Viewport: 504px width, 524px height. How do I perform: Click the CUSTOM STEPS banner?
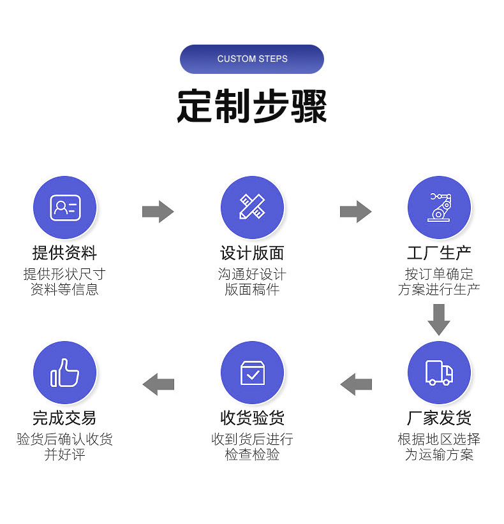click(x=252, y=59)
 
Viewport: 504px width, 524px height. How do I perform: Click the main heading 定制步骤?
click(x=252, y=106)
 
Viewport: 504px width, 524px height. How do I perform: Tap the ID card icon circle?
click(x=64, y=207)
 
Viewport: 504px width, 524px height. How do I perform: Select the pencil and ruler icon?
click(x=252, y=207)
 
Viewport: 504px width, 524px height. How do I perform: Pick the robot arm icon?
click(x=439, y=207)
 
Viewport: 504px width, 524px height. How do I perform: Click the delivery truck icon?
click(x=439, y=372)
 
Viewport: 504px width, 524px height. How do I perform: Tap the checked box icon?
click(x=252, y=372)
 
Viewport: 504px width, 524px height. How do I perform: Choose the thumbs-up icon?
click(x=64, y=372)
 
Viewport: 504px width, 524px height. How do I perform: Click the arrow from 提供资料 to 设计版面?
click(x=158, y=211)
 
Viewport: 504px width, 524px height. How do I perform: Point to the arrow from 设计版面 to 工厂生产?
click(x=355, y=211)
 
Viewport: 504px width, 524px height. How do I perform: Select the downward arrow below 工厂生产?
click(x=439, y=319)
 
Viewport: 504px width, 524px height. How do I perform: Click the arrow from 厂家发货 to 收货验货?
click(x=356, y=384)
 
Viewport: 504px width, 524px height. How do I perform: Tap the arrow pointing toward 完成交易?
click(x=158, y=384)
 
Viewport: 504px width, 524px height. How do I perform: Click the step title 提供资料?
click(x=64, y=253)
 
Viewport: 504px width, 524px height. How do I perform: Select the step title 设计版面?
click(x=252, y=253)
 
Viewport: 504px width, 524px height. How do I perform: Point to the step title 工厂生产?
click(x=439, y=253)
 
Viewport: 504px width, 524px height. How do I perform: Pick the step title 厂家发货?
click(x=439, y=418)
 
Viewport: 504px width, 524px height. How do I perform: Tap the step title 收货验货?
click(x=252, y=418)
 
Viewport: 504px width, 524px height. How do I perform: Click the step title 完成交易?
click(x=64, y=418)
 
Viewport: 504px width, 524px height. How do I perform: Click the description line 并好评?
click(x=64, y=455)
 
